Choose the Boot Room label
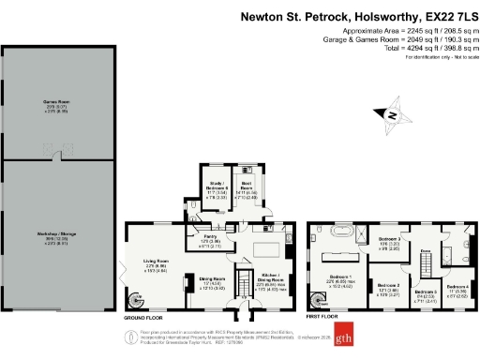(x=247, y=186)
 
